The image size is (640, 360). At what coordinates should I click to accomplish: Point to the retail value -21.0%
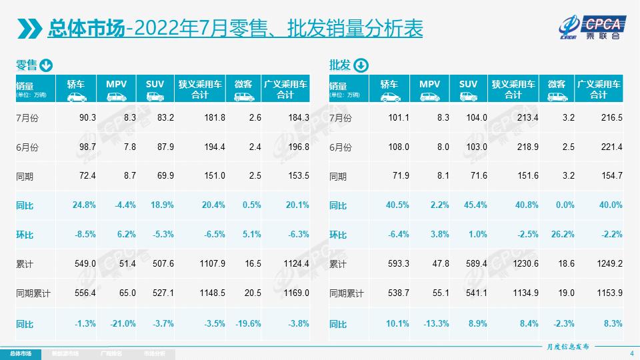pyautogui.click(x=123, y=323)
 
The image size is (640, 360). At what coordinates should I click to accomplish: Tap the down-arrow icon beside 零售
pyautogui.click(x=47, y=65)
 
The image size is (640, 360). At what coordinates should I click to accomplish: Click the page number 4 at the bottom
pyautogui.click(x=631, y=353)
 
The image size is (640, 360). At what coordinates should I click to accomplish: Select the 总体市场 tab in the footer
pyautogui.click(x=20, y=353)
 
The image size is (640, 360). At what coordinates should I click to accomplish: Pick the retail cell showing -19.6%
pyautogui.click(x=247, y=323)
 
